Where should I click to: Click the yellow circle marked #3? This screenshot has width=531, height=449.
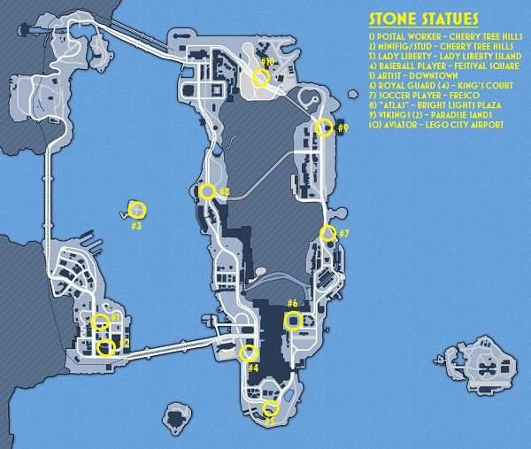click(137, 210)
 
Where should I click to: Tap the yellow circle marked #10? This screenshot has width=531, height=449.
click(261, 78)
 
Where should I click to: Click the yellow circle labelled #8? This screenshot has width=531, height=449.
click(207, 191)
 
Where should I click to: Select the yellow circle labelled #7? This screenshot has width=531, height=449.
click(327, 234)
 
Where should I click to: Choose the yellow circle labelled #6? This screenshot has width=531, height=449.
click(292, 321)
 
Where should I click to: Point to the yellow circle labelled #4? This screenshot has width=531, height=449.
click(249, 354)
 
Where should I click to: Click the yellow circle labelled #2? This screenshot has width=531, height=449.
click(106, 347)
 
